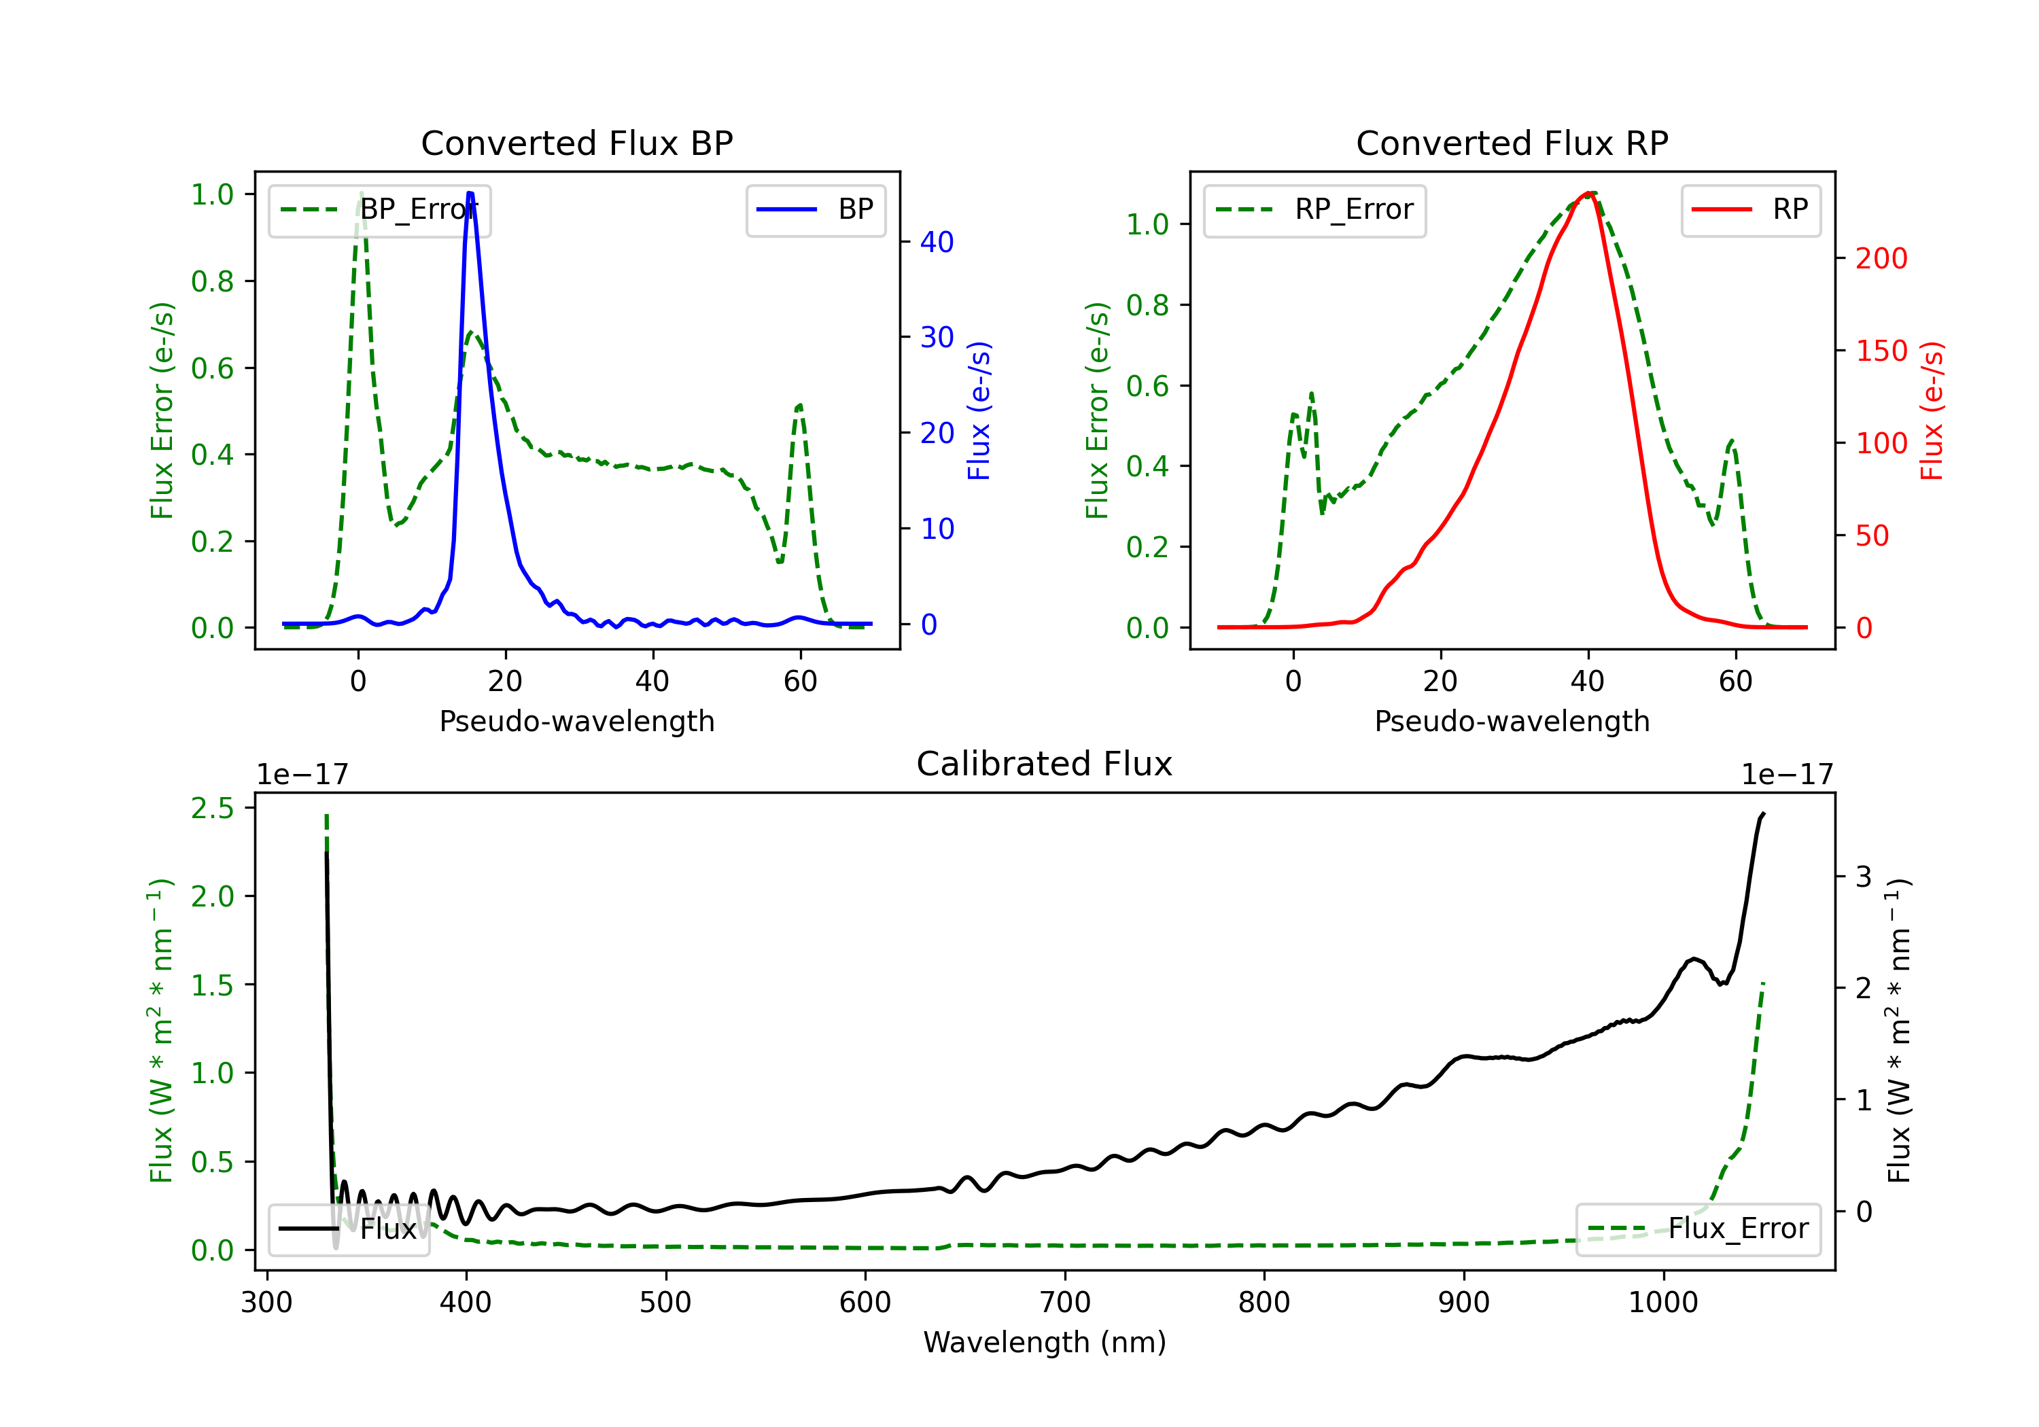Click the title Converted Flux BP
point(576,143)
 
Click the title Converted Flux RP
point(1512,143)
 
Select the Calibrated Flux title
point(1045,764)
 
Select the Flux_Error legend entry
point(1698,1229)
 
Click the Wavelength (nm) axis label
point(1045,1342)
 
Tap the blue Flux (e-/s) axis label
point(979,410)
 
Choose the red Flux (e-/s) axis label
point(1932,410)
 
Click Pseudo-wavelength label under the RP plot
point(1512,721)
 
